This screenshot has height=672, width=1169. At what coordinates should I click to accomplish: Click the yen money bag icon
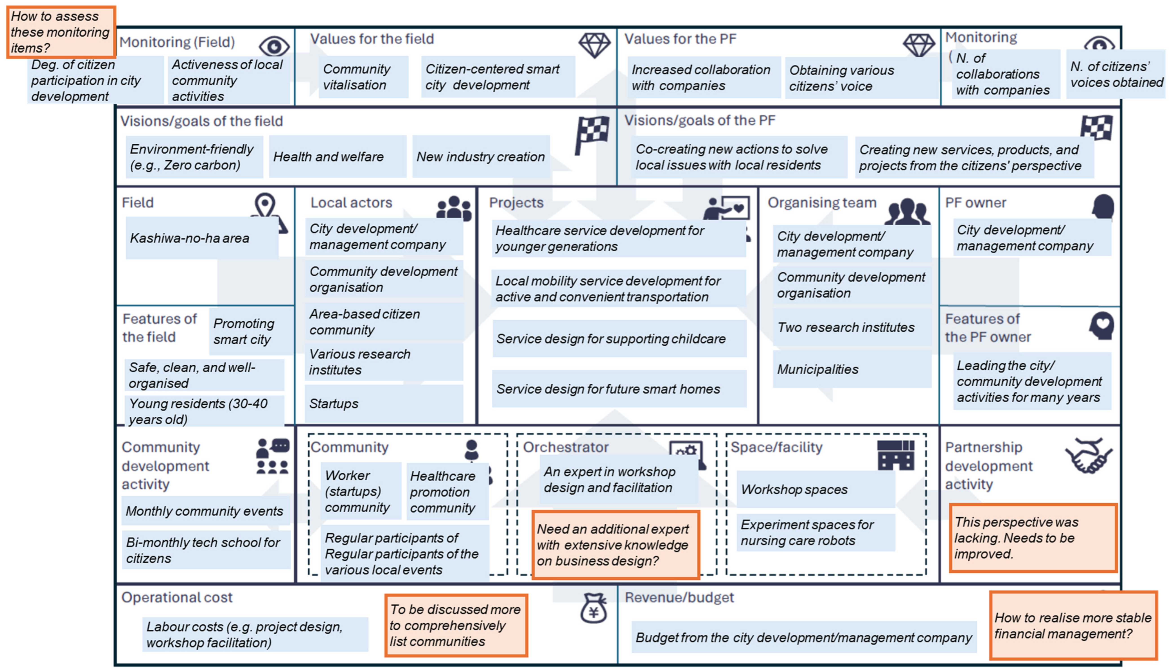point(593,608)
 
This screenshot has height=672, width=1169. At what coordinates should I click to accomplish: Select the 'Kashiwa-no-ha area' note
point(202,238)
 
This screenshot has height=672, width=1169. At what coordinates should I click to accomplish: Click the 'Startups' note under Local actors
point(384,404)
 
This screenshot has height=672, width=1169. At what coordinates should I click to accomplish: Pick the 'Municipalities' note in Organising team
point(851,369)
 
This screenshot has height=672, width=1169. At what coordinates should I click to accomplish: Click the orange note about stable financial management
point(1072,626)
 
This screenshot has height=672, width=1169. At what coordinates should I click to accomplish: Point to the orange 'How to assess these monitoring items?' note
point(60,32)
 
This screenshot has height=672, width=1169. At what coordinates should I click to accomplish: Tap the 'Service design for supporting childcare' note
point(619,339)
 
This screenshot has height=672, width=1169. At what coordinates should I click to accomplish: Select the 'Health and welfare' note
point(337,157)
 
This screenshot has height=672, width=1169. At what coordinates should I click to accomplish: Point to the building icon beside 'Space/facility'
point(895,455)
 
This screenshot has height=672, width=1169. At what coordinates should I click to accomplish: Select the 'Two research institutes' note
point(851,327)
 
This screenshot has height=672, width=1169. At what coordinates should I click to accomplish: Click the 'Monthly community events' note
point(205,511)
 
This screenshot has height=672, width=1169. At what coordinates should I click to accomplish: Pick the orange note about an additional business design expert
point(615,545)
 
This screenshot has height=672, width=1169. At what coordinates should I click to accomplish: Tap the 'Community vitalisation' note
point(363,77)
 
